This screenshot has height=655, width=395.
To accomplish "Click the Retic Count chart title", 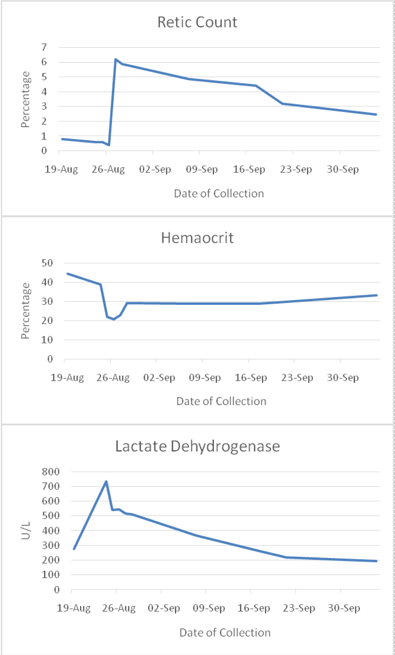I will pyautogui.click(x=197, y=22).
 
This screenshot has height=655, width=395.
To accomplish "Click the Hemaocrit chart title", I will pyautogui.click(x=197, y=238).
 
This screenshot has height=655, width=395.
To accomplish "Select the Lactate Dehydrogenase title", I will pyautogui.click(x=197, y=446).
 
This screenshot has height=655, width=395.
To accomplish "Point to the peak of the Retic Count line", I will pyautogui.click(x=115, y=59).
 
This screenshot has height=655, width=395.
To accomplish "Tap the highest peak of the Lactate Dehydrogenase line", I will pyautogui.click(x=106, y=481).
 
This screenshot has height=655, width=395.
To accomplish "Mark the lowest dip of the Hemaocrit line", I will pyautogui.click(x=114, y=319).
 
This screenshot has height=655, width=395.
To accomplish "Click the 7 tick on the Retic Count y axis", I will pyautogui.click(x=44, y=47).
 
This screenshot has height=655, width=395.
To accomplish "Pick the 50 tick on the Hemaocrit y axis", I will pyautogui.click(x=47, y=263).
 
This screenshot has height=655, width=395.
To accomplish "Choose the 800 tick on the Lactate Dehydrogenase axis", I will pyautogui.click(x=51, y=472).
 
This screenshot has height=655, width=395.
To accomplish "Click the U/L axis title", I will pyautogui.click(x=26, y=530).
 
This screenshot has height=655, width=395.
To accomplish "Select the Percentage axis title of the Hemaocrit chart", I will pyautogui.click(x=26, y=311).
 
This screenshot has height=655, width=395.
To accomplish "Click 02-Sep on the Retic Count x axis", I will pyautogui.click(x=155, y=169).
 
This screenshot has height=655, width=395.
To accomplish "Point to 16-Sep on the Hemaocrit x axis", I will pyautogui.click(x=251, y=377).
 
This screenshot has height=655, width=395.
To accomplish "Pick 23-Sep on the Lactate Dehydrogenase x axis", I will pyautogui.click(x=299, y=608).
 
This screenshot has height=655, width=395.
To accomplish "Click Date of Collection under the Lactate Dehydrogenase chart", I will pyautogui.click(x=225, y=633).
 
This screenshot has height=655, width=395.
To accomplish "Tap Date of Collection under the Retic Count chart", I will pyautogui.click(x=219, y=194).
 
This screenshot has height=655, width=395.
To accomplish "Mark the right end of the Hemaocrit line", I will pyautogui.click(x=376, y=295).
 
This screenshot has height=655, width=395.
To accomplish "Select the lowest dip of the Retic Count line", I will pyautogui.click(x=109, y=145).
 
